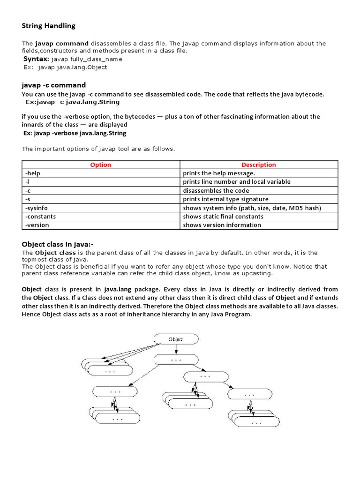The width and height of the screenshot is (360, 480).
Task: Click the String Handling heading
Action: [x=48, y=26]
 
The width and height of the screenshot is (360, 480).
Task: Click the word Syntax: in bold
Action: [x=36, y=59]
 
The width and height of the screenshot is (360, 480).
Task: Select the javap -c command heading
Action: [x=53, y=85]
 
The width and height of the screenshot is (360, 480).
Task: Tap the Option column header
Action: [x=100, y=165]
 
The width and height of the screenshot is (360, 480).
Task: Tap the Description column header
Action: [x=258, y=165]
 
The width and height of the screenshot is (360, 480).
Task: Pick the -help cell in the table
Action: [x=33, y=173]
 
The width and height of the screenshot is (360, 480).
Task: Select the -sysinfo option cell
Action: [x=36, y=208]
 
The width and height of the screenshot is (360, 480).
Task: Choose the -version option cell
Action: [x=37, y=225]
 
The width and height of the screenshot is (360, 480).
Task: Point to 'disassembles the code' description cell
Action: [x=216, y=191]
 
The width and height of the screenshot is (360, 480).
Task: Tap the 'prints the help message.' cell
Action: [x=219, y=173]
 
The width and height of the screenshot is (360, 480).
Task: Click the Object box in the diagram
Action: [x=176, y=339]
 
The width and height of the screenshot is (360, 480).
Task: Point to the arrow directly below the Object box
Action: [x=176, y=349]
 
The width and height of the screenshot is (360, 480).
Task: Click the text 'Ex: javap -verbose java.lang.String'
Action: [x=75, y=133]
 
